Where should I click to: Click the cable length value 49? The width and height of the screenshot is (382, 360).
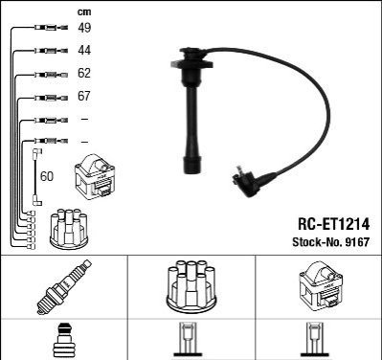[x=84, y=28]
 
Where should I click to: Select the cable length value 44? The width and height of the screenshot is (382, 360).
[x=84, y=50]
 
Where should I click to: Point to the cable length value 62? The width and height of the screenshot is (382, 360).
[x=84, y=73]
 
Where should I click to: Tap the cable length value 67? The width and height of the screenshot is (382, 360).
[x=84, y=96]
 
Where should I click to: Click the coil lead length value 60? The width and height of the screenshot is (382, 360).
[x=47, y=176]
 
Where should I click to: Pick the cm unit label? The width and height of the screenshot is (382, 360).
[x=84, y=12]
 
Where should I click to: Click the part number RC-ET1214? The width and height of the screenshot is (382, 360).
[x=334, y=224]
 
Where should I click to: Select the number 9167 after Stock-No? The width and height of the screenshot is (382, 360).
[x=357, y=242]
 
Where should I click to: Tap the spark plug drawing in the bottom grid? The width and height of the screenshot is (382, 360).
[x=64, y=287]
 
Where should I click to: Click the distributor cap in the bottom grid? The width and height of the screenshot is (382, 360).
[x=191, y=286]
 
